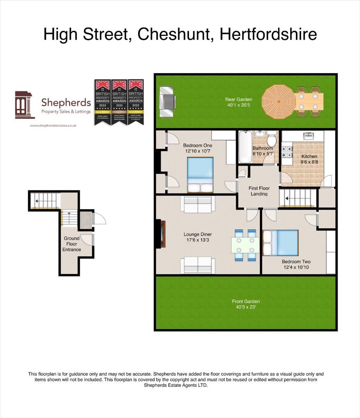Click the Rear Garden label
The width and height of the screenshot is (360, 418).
238,99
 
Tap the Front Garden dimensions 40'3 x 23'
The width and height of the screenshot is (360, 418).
246,307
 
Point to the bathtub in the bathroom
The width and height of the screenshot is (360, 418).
245,147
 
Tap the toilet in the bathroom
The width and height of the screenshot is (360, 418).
272,138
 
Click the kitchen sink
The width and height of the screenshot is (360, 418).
309,136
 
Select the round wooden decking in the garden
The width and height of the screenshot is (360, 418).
278,101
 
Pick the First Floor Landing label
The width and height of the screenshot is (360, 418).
259,191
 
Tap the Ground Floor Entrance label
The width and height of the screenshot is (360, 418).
72,244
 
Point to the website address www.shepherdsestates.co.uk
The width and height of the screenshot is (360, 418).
53,125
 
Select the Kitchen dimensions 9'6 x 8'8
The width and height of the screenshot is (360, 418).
309,162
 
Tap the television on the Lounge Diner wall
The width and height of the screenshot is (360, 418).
161,234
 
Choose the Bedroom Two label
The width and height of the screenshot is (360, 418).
296,262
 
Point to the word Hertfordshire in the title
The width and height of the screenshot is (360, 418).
268,34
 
